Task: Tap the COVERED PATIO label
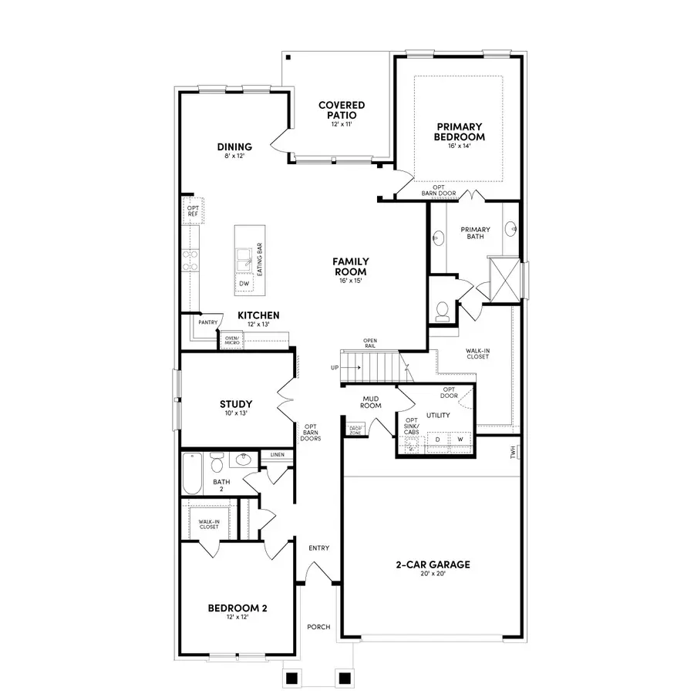342,109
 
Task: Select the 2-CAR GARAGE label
433,564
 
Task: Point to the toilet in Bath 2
217,463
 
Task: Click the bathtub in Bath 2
192,472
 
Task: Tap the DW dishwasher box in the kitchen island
244,284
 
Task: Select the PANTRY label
207,322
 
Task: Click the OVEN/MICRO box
231,339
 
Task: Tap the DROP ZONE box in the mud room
355,430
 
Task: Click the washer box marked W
460,439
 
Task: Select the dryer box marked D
437,439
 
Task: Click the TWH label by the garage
513,453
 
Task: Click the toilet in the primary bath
442,310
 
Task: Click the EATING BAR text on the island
260,261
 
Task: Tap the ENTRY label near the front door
318,548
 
